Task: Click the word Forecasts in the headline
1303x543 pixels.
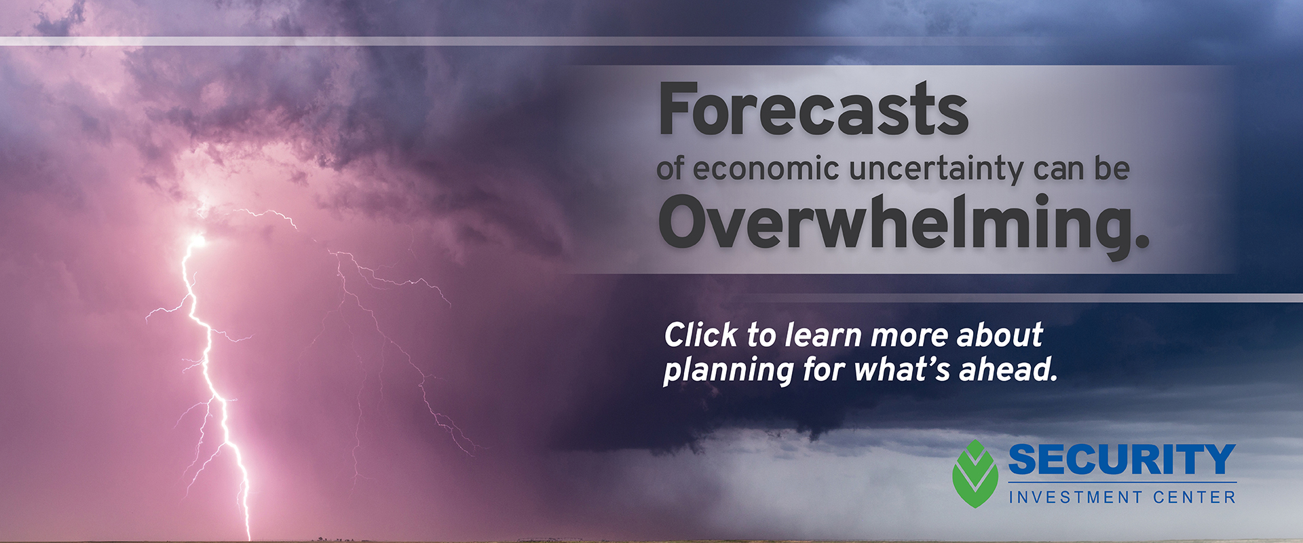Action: click(813, 109)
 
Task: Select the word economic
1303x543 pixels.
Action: click(766, 168)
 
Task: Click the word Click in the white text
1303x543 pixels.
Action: click(701, 335)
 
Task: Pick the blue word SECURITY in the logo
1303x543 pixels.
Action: click(1122, 460)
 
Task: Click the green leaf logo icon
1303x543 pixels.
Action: click(975, 474)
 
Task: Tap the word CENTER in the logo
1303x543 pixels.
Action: click(1194, 498)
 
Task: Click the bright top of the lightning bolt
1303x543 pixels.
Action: click(197, 240)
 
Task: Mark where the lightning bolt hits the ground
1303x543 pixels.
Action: click(248, 538)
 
